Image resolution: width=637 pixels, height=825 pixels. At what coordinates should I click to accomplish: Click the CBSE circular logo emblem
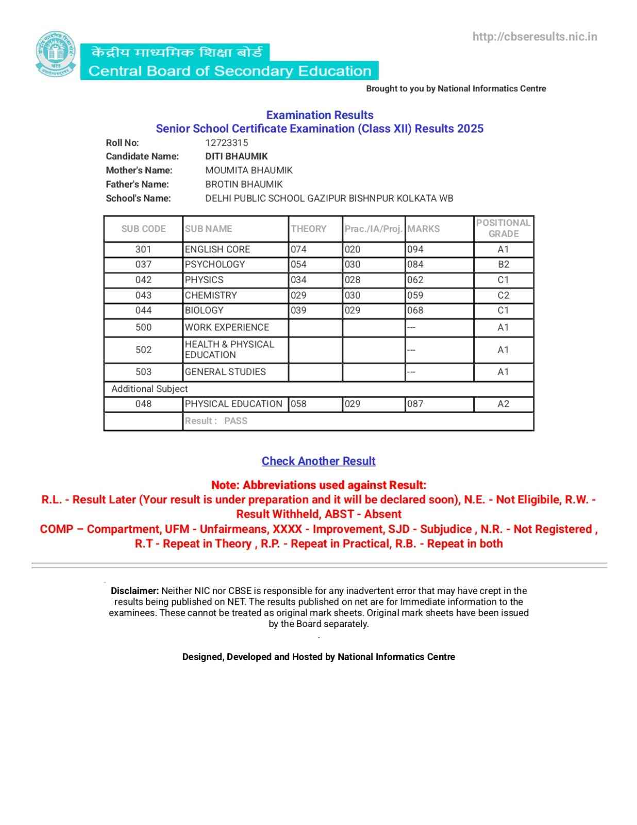56,54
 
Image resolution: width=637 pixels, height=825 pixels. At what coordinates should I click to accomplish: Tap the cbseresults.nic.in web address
534,37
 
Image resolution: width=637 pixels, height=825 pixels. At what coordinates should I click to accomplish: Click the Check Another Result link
318,461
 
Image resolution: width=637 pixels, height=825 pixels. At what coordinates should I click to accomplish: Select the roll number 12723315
226,143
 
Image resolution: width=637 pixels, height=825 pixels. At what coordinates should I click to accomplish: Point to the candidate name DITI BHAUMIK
236,156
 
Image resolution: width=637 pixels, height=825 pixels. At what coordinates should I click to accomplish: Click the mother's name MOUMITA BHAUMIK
248,170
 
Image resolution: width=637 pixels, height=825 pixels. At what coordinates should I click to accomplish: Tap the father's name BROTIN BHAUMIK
244,184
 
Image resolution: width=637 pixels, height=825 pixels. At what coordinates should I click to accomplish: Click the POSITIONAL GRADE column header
503,228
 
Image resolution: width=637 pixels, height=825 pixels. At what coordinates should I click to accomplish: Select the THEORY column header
308,229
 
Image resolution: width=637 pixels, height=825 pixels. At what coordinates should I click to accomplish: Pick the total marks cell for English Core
415,250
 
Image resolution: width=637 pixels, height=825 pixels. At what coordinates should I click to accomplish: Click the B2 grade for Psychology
503,265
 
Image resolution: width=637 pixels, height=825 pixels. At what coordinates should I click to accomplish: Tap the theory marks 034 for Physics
298,280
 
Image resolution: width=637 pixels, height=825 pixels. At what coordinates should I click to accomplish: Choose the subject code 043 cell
143,295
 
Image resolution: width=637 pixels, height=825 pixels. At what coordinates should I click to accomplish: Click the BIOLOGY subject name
204,310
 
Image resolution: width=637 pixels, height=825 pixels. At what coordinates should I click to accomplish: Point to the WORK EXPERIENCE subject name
227,327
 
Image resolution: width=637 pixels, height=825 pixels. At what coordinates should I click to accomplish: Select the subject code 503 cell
143,372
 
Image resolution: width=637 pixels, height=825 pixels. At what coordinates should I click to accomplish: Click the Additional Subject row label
149,389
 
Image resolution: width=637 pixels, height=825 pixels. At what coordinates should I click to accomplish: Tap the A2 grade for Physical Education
503,404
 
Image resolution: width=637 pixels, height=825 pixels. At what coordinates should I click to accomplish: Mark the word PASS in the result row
236,421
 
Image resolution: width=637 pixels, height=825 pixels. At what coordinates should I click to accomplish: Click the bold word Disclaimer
135,591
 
